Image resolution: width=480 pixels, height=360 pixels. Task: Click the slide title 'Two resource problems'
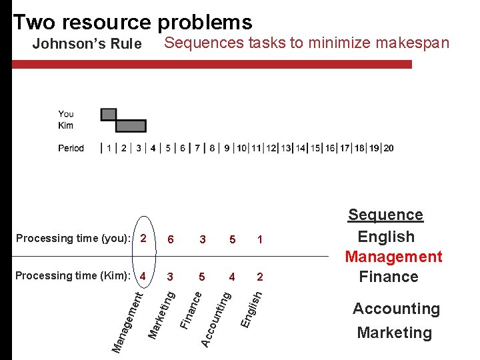132,22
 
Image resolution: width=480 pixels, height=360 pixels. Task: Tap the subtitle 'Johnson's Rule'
87,45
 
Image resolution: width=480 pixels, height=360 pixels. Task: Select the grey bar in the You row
109,115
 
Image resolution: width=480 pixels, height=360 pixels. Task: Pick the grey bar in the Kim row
131,126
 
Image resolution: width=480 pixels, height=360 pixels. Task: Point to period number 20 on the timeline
388,148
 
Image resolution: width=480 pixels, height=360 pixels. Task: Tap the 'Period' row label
71,148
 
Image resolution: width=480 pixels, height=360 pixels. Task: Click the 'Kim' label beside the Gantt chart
65,125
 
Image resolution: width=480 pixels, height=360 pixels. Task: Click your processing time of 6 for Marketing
171,239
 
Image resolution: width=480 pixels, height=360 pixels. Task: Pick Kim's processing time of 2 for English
259,276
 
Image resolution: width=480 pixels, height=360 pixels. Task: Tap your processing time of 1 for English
259,239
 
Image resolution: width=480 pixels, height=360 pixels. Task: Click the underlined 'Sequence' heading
385,215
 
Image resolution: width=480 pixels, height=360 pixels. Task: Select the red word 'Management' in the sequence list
393,257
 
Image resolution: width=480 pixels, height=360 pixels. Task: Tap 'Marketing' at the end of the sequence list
394,333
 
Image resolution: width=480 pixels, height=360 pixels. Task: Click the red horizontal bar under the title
213,65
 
